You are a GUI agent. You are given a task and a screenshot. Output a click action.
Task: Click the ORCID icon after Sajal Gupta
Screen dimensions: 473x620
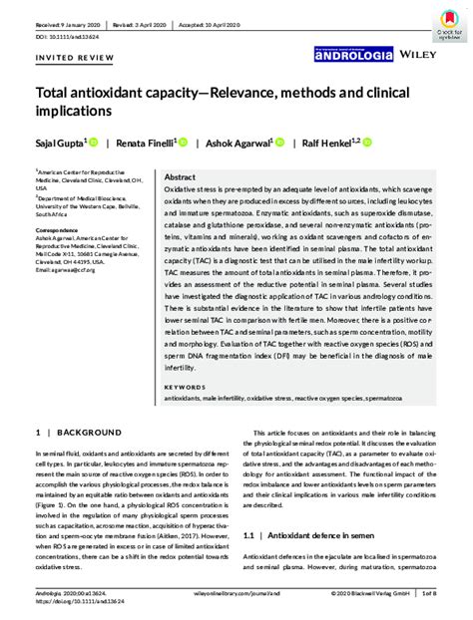pos(93,144)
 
